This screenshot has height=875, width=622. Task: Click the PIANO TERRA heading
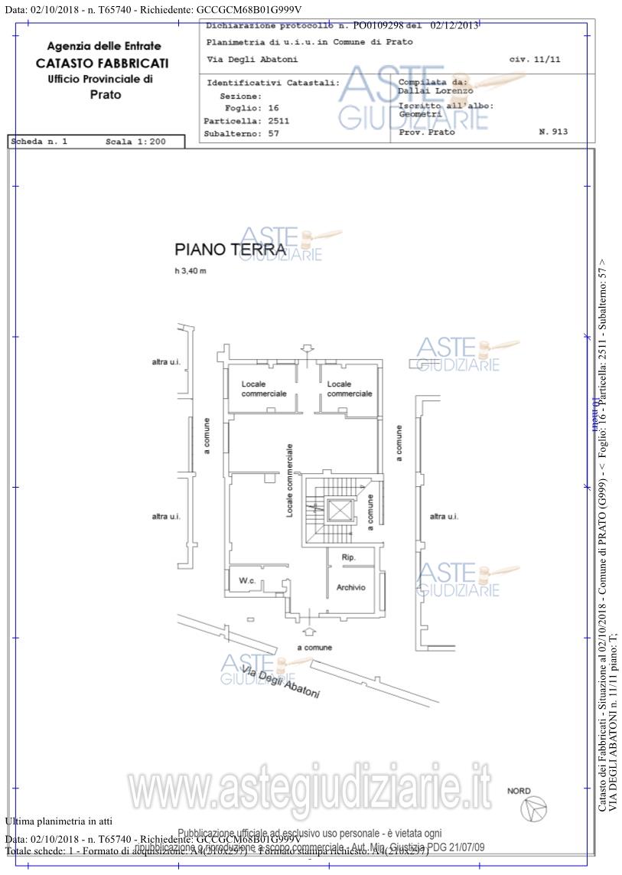230,249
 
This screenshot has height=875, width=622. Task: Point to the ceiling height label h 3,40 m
190,271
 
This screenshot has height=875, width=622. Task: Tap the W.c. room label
246,581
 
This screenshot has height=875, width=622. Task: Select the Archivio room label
351,587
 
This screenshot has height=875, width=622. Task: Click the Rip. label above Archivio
349,557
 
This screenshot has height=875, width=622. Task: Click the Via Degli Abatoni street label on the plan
280,681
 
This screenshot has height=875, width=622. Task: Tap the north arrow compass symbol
533,808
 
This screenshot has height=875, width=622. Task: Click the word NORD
519,791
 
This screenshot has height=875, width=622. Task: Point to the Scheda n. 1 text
40,142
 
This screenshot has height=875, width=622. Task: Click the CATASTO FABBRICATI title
102,64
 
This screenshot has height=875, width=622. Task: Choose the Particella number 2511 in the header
278,121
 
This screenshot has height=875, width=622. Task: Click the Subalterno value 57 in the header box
273,133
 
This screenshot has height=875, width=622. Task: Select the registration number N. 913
553,132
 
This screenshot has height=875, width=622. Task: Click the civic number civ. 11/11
534,59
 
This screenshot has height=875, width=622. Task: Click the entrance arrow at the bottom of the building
309,631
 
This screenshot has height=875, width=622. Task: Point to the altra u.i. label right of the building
444,517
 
